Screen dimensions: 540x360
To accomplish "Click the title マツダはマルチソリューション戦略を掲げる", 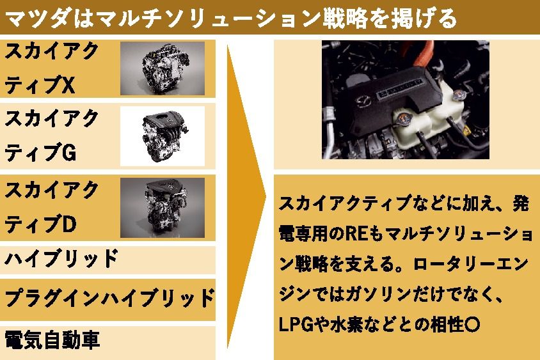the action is (x=232, y=19).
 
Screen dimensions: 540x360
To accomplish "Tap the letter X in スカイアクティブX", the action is (x=68, y=85).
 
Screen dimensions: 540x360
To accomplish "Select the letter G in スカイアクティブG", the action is (x=69, y=152).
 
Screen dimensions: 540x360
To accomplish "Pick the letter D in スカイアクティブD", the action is (x=69, y=224).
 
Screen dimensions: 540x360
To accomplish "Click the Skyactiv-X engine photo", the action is (x=163, y=68).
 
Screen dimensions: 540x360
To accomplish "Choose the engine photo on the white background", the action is (x=163, y=136).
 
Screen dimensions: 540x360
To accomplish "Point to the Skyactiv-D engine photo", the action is (x=163, y=208).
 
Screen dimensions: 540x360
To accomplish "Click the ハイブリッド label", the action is (x=61, y=260).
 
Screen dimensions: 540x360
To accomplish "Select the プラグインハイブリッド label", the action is (x=110, y=299).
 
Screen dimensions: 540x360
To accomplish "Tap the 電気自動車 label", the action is (x=52, y=340).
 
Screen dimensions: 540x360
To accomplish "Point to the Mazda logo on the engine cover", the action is (x=363, y=102).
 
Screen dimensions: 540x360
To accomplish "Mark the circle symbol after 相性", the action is (x=472, y=325).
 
